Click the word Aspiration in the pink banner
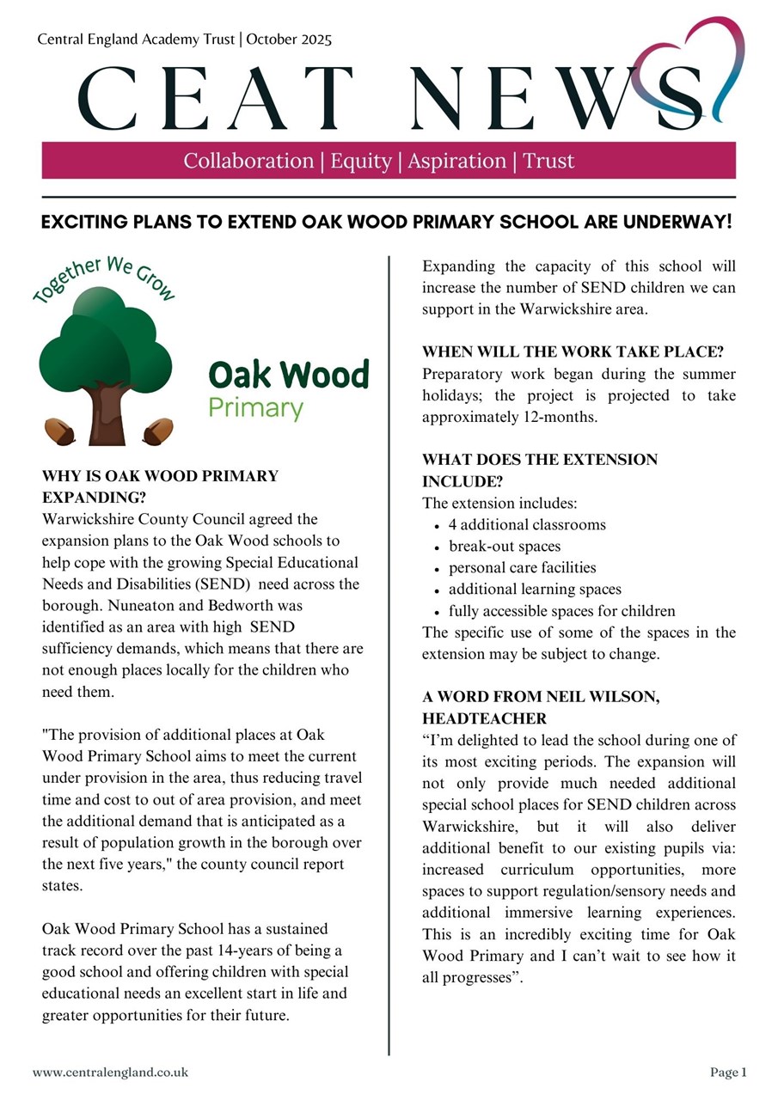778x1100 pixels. pos(456,161)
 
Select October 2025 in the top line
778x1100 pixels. pos(289,40)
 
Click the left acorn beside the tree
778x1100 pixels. pos(60,431)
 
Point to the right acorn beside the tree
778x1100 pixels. pos(158,431)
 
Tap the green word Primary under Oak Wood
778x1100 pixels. pos(256,406)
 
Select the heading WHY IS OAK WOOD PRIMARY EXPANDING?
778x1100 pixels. pos(160,486)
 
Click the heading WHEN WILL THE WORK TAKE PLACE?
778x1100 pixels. pos(573,352)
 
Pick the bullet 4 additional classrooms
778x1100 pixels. pos(527,524)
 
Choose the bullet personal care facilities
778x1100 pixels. pos(522,568)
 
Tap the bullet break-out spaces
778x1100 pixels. pos(505,547)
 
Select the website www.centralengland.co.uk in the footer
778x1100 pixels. pos(110,1072)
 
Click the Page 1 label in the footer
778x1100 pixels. pos(728,1072)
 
